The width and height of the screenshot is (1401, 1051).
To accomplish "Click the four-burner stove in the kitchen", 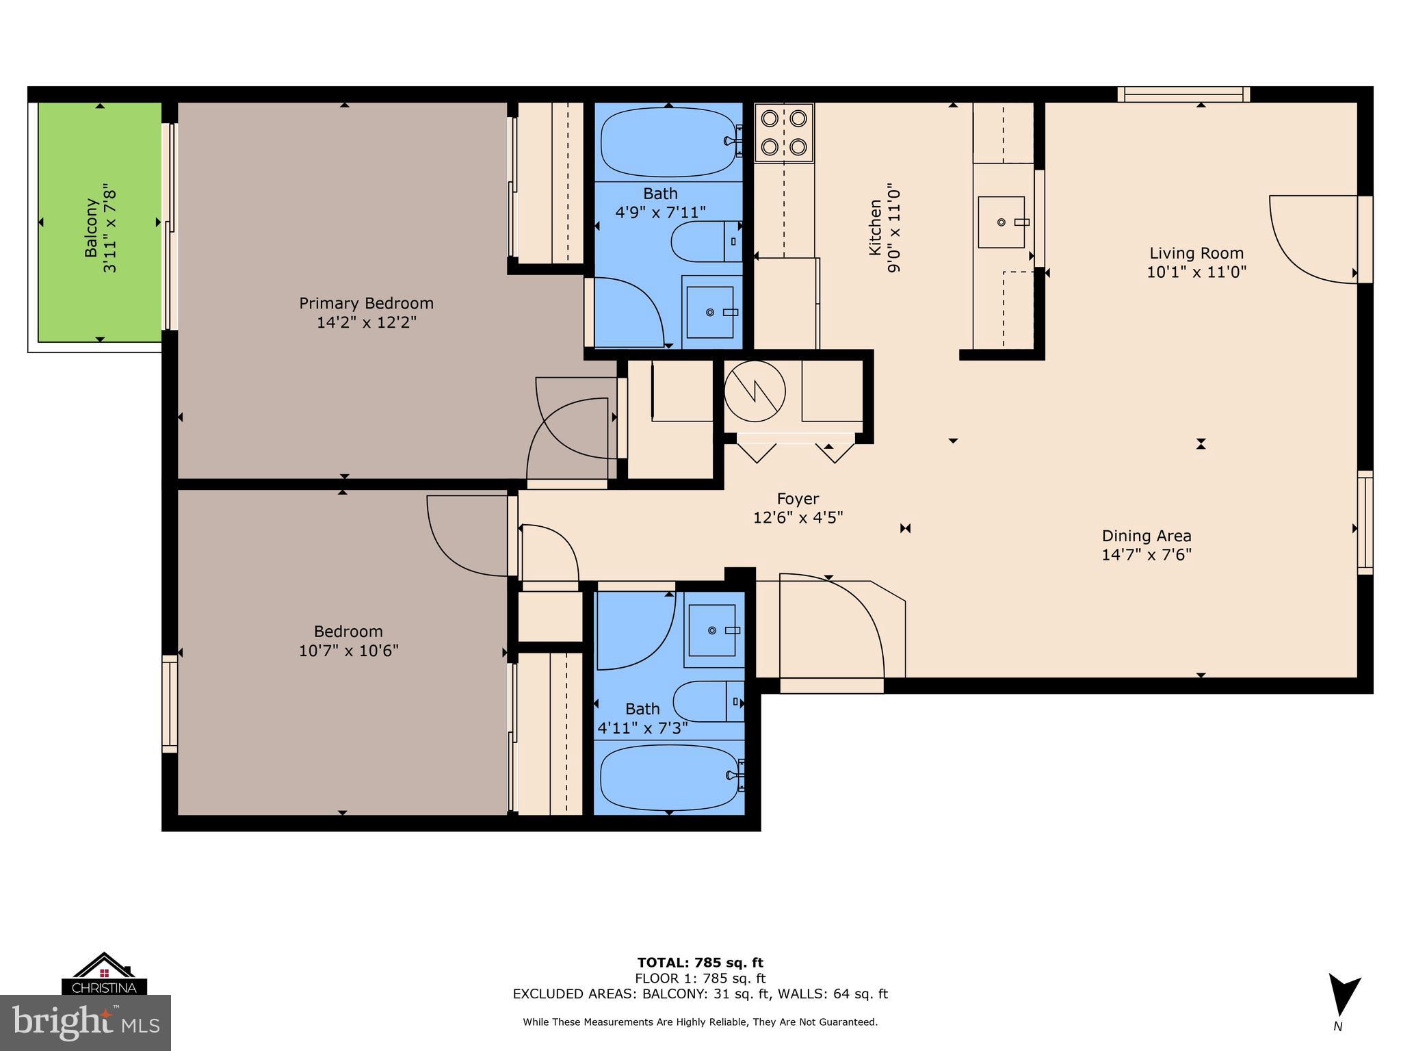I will (x=784, y=132).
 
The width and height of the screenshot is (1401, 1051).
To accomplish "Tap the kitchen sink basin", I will (x=1001, y=222).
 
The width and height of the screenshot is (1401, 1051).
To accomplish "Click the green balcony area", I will (x=100, y=222).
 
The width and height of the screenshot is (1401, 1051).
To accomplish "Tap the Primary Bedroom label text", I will (x=366, y=303).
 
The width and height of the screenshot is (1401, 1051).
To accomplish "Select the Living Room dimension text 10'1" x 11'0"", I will (x=1196, y=272).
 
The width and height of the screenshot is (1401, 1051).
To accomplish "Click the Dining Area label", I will (x=1147, y=536).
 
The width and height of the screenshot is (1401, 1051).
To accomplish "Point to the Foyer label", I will (x=798, y=499).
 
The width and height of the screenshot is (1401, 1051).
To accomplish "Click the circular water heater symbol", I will (x=755, y=392).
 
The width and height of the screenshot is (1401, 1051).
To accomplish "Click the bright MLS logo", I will (x=85, y=1022).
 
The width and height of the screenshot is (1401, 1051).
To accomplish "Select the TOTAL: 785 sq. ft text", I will (x=700, y=963).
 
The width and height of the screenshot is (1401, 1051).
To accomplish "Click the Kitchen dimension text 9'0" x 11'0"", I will (x=893, y=227).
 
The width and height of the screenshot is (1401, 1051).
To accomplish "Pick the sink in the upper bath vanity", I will (x=710, y=312).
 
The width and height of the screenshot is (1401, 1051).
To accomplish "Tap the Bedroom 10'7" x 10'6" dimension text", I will (x=348, y=650).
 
